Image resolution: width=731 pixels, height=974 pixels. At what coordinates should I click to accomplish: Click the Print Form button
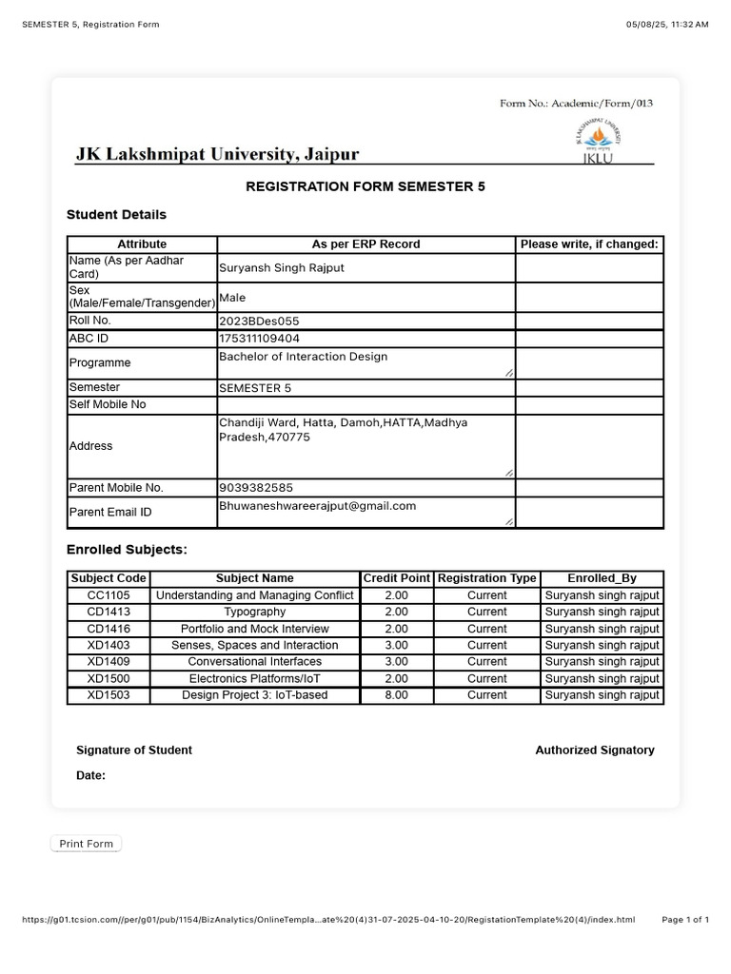(x=86, y=844)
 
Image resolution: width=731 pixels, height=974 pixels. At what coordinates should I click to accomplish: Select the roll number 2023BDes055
(x=259, y=321)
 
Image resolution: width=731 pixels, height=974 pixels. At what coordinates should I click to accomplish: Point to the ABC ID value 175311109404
(x=259, y=339)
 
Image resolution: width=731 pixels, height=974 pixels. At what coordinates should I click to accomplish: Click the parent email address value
(x=317, y=506)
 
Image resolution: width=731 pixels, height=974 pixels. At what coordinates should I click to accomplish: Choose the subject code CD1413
(x=109, y=612)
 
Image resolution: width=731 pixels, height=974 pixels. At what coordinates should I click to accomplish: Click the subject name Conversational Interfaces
(x=254, y=662)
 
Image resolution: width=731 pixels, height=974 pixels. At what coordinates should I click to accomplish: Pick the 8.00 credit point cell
(x=396, y=695)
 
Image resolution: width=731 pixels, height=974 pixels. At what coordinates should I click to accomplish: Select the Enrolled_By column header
(x=602, y=578)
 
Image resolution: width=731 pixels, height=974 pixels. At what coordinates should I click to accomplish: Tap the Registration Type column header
(x=486, y=578)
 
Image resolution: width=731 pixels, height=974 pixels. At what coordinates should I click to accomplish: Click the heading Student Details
(x=116, y=215)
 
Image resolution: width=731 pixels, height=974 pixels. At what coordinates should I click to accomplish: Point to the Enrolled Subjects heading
(x=127, y=550)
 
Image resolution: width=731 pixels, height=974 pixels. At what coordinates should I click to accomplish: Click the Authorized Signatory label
(x=595, y=750)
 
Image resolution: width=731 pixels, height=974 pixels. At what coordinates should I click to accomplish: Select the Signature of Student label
(x=134, y=750)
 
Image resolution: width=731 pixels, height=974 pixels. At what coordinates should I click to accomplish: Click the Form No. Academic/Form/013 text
(x=576, y=104)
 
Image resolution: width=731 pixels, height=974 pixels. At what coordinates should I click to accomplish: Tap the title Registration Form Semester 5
(x=365, y=187)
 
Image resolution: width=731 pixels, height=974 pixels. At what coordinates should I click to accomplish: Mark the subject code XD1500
(x=109, y=678)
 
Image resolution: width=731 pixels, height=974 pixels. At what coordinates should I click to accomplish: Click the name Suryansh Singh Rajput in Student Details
(x=282, y=268)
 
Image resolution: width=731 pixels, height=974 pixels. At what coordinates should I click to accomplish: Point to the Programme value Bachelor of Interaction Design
(x=303, y=358)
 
